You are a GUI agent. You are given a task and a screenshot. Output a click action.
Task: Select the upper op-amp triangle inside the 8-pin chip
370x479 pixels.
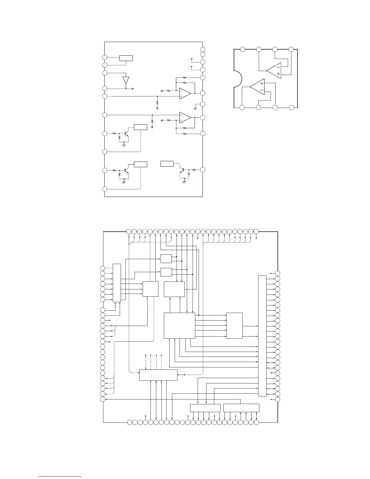click(x=274, y=71)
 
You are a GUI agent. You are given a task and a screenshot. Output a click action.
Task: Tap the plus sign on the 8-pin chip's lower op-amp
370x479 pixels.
click(x=261, y=83)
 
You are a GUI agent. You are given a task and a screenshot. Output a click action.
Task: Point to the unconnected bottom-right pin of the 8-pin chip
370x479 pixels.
click(x=291, y=107)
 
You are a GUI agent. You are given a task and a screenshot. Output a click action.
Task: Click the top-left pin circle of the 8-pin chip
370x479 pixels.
click(x=242, y=49)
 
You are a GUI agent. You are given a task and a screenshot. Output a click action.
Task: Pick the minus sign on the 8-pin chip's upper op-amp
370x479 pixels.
click(x=278, y=67)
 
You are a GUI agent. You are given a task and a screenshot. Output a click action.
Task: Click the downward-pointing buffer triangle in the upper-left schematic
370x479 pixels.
click(x=126, y=80)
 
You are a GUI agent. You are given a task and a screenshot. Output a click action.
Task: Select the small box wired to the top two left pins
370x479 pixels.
click(x=126, y=58)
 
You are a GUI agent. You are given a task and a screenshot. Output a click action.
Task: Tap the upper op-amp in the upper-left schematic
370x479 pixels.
click(x=185, y=93)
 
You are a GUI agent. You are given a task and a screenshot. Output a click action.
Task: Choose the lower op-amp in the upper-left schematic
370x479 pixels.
click(x=185, y=118)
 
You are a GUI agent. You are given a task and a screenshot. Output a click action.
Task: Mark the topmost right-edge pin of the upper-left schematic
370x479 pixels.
click(x=203, y=50)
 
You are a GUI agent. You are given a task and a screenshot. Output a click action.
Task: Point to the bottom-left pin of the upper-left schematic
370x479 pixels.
click(x=105, y=189)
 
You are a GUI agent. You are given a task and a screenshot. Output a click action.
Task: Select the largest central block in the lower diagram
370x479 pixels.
click(x=179, y=325)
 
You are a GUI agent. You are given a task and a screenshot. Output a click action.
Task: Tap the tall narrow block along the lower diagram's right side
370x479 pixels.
click(x=262, y=336)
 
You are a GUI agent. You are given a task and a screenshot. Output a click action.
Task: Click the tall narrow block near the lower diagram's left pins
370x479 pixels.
click(x=117, y=282)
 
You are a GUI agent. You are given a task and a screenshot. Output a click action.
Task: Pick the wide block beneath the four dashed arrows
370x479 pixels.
click(x=158, y=375)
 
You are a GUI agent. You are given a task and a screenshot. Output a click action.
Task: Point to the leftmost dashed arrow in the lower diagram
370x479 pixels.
click(x=146, y=361)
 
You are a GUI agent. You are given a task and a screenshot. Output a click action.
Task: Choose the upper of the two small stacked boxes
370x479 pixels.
click(x=166, y=259)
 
